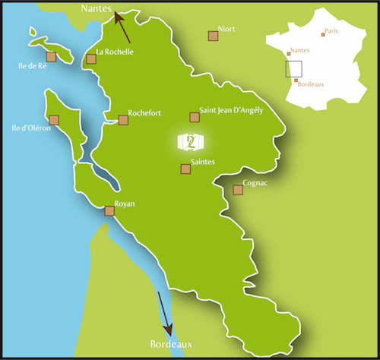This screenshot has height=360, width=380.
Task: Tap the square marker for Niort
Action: [x=213, y=36]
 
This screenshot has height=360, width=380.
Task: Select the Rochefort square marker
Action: [x=123, y=120]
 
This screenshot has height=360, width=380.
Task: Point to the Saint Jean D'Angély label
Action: [x=231, y=110]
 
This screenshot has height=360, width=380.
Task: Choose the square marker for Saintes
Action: [x=185, y=169]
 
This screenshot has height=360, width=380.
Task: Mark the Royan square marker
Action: [x=109, y=211]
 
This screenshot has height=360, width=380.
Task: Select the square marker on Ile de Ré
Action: [x=51, y=57]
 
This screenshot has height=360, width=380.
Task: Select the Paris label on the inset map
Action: [x=331, y=31]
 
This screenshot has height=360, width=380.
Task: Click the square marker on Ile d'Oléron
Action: [x=54, y=120]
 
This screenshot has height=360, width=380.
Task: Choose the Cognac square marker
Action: [x=238, y=190]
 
